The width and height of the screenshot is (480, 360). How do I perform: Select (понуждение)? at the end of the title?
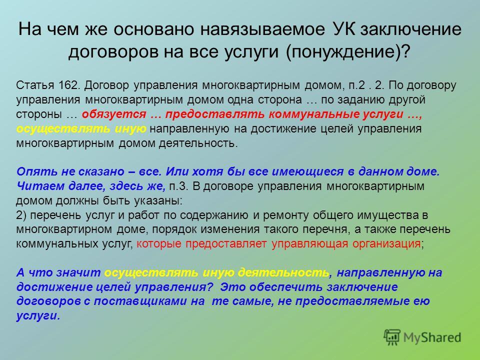[x=347, y=52]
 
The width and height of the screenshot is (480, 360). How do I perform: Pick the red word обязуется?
[x=114, y=114]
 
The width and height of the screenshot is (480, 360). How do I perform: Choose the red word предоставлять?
[x=215, y=114]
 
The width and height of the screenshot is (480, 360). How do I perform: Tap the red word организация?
[x=386, y=244]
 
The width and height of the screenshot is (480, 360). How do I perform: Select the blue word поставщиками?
[x=140, y=301]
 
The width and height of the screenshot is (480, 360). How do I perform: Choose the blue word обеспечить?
[x=285, y=287]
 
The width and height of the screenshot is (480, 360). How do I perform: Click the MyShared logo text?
[x=432, y=338]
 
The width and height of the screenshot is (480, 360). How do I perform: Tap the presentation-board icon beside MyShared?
[x=392, y=337]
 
